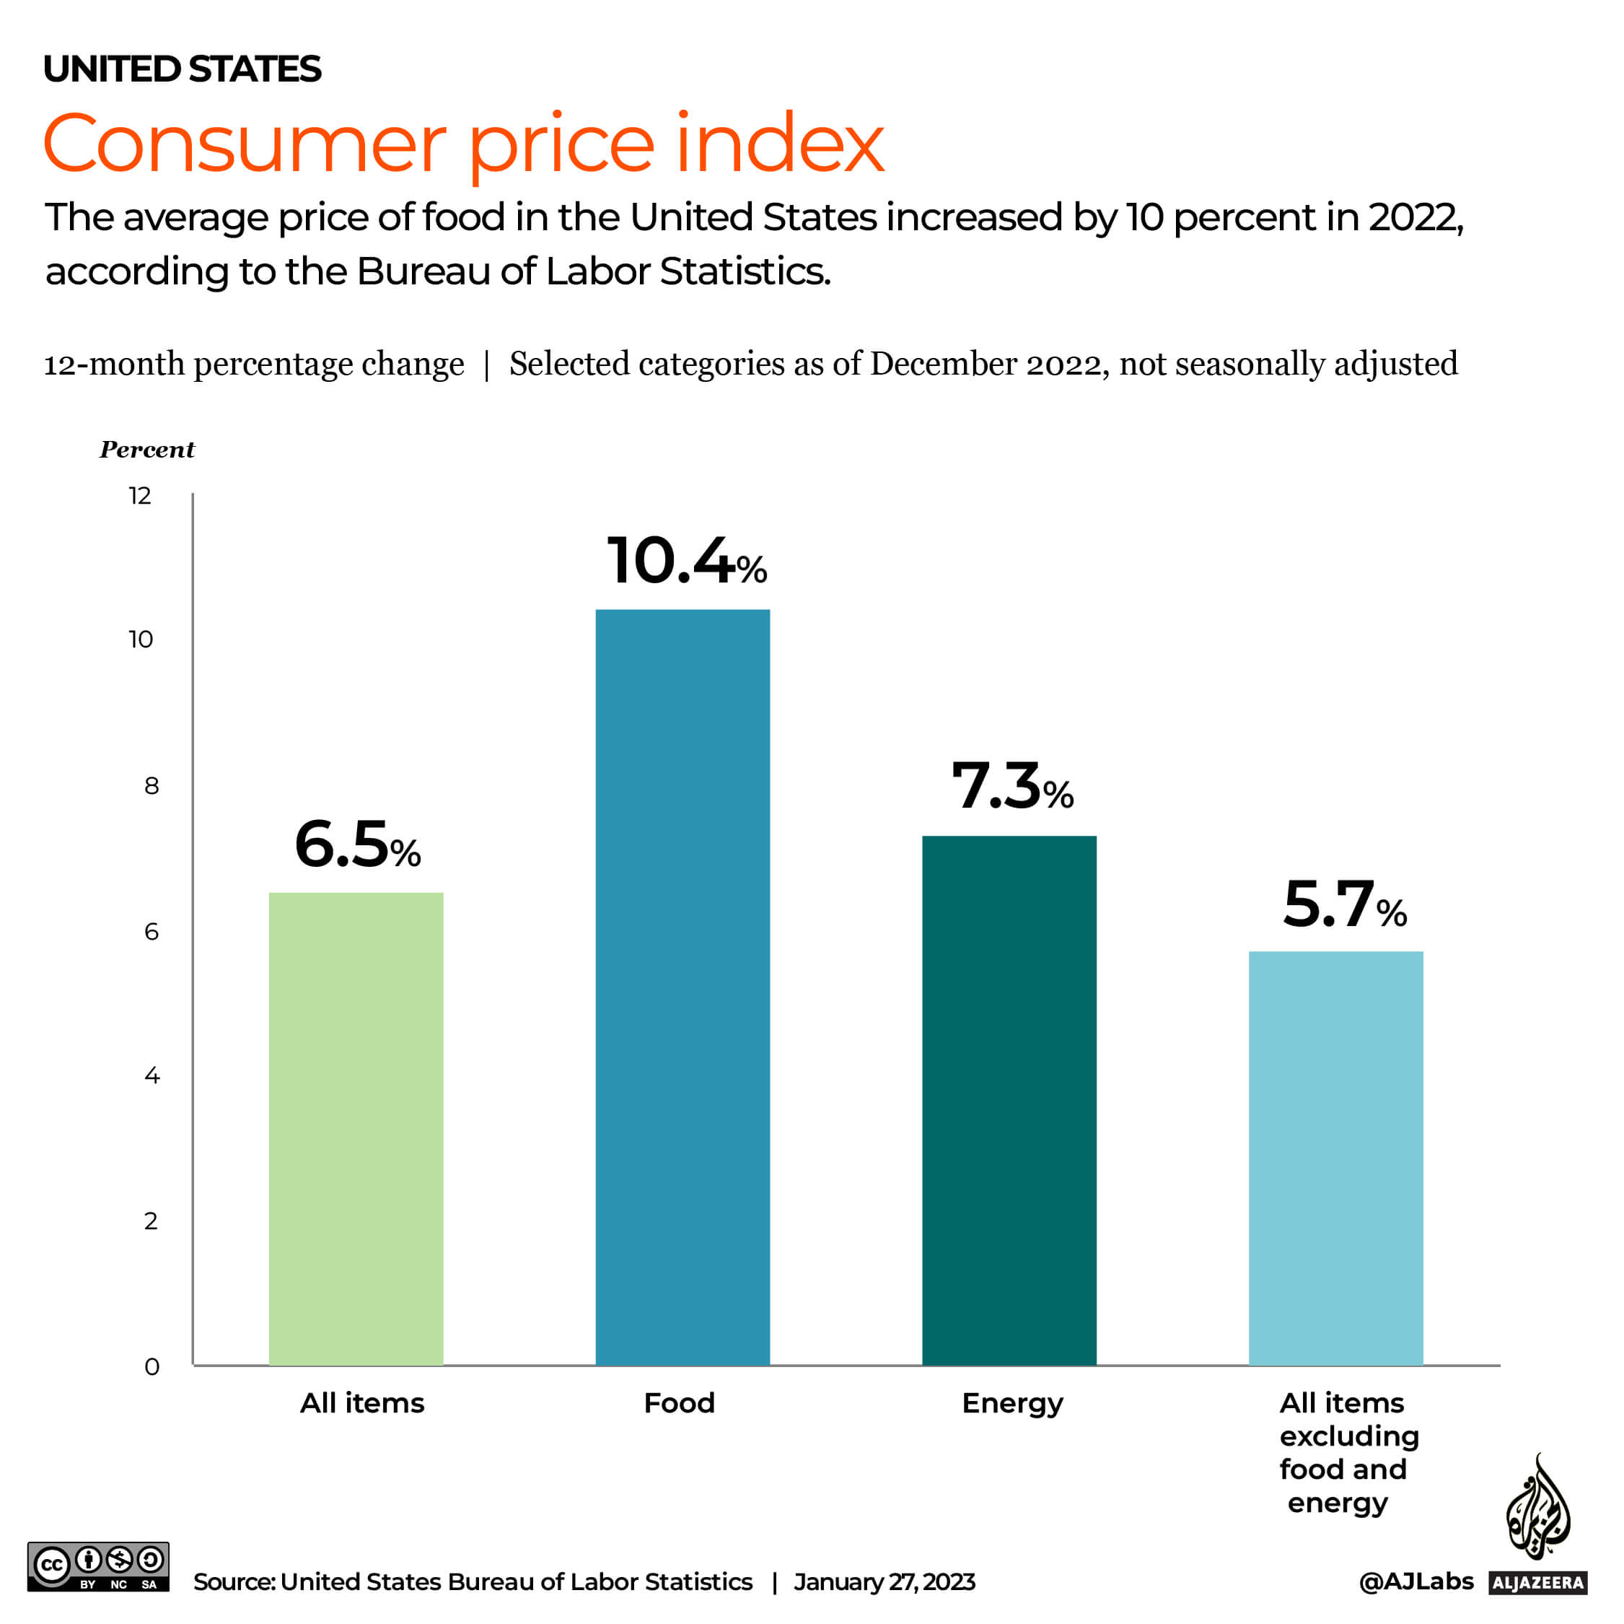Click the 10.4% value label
pyautogui.click(x=686, y=561)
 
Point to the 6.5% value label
pyautogui.click(x=357, y=845)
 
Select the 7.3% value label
pyautogui.click(x=1012, y=786)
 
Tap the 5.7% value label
pyautogui.click(x=1344, y=905)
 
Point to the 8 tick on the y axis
pyautogui.click(x=152, y=785)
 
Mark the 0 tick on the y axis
pyautogui.click(x=152, y=1366)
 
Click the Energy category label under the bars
pyautogui.click(x=1012, y=1404)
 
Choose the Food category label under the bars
pyautogui.click(x=679, y=1403)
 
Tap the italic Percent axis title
pyautogui.click(x=147, y=450)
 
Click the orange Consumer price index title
pyautogui.click(x=463, y=144)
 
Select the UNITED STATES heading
pyautogui.click(x=182, y=69)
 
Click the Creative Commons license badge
pyautogui.click(x=98, y=1566)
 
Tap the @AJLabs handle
pyautogui.click(x=1415, y=1581)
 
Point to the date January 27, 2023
pyautogui.click(x=884, y=1582)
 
